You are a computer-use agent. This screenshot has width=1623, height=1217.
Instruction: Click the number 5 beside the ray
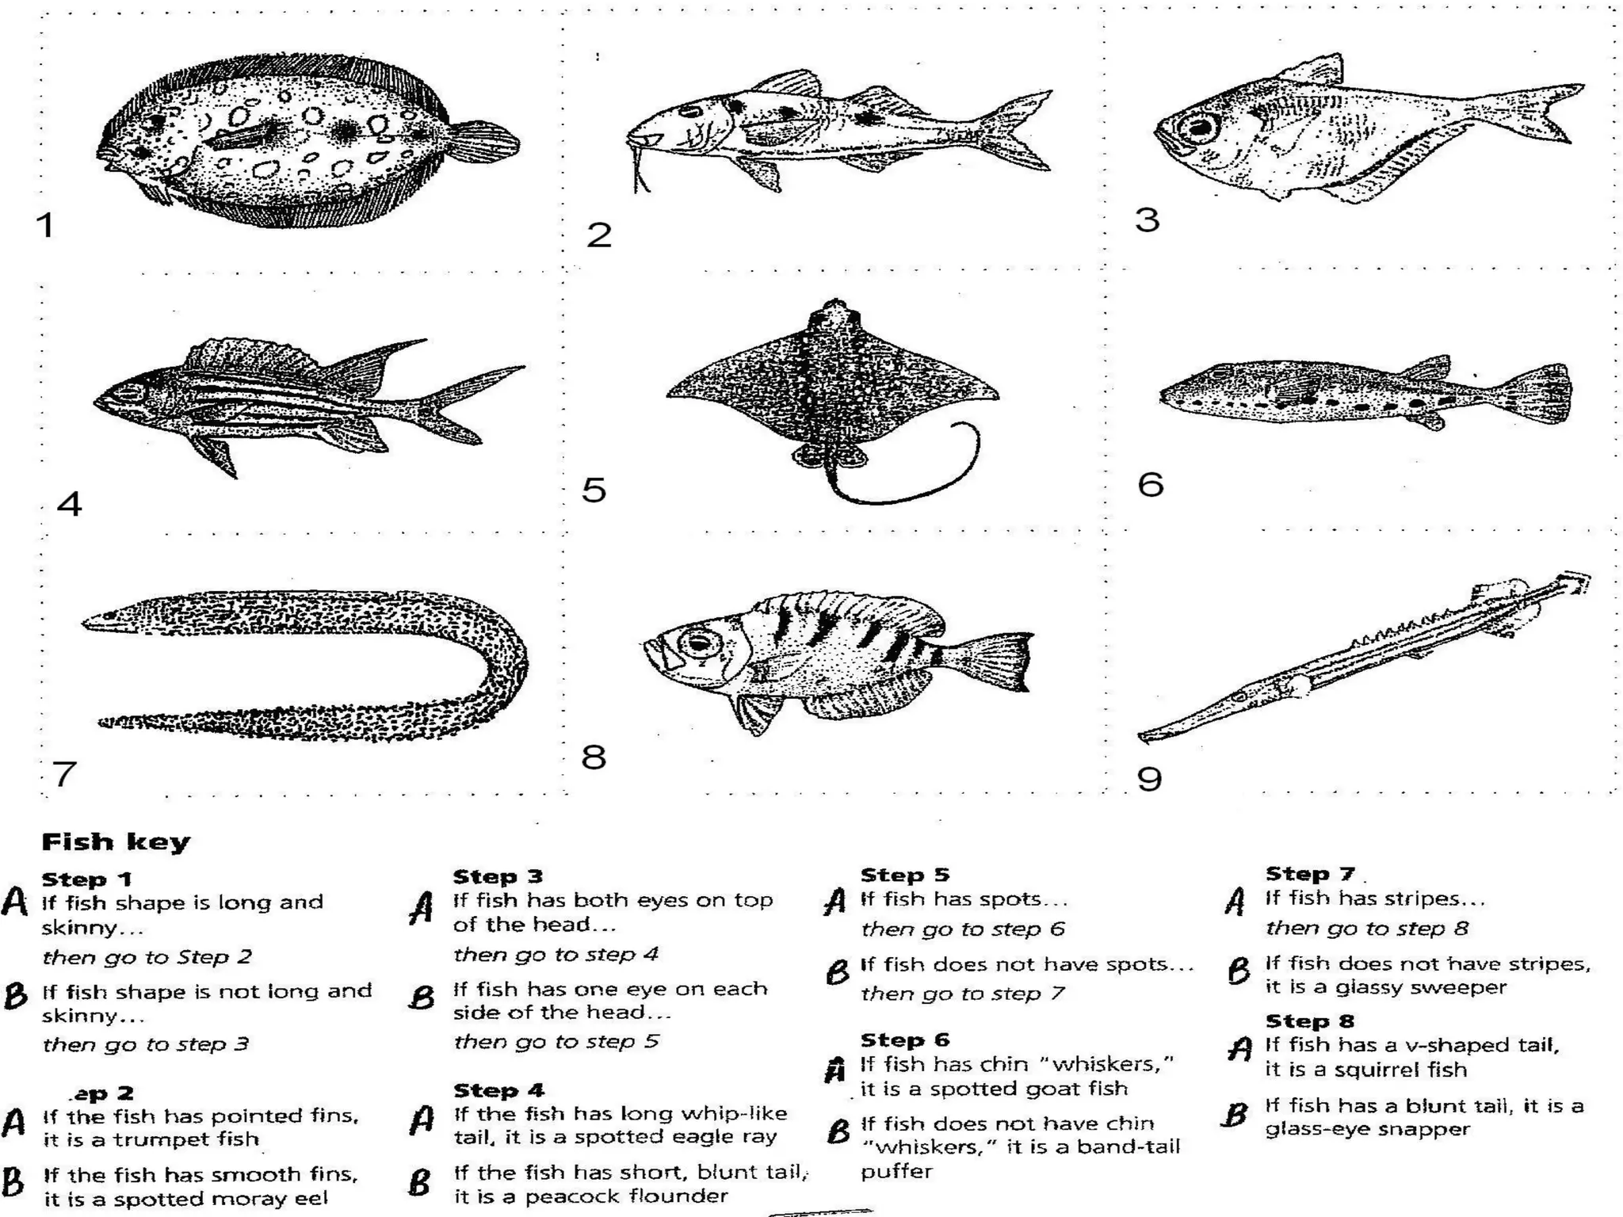(594, 490)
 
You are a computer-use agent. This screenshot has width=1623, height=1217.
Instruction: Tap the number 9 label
(1149, 780)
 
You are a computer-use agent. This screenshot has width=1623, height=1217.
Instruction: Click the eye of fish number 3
(1198, 127)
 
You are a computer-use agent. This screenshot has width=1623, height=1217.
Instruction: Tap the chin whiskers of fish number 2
(639, 170)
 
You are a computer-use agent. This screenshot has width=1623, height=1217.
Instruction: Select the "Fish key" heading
(116, 841)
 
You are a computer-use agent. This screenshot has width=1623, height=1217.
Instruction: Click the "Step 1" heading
(86, 879)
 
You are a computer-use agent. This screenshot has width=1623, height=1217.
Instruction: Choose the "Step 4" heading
(498, 1090)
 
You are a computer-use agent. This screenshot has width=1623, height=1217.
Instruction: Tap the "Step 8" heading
(1309, 1021)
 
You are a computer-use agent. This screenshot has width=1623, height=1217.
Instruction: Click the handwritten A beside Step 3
(422, 908)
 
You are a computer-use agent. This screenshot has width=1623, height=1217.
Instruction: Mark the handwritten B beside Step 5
(837, 971)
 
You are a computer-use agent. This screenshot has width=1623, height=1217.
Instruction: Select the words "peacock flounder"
(626, 1196)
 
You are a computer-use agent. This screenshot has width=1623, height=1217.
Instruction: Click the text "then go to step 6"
(962, 929)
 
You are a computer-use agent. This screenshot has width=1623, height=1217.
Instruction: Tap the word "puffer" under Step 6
(896, 1171)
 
